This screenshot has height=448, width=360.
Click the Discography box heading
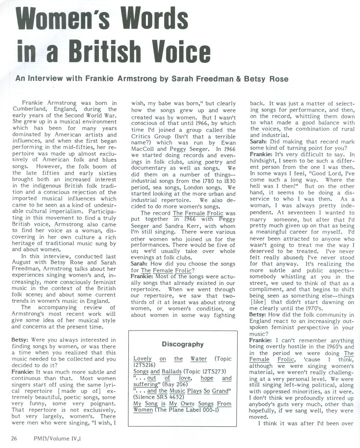point(183,344)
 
